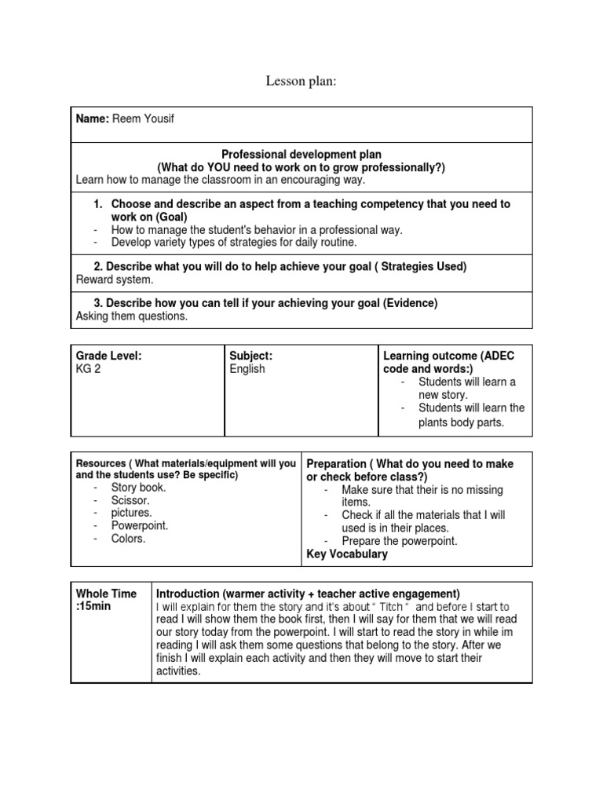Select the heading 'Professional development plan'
pyautogui.click(x=301, y=155)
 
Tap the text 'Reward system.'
pyautogui.click(x=115, y=280)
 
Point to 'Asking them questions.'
pyautogui.click(x=132, y=316)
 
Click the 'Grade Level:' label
pyautogui.click(x=108, y=356)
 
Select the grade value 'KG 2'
pyautogui.click(x=88, y=369)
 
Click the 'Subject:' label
pyautogui.click(x=251, y=356)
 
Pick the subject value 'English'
pyautogui.click(x=247, y=369)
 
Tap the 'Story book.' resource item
pyautogui.click(x=139, y=487)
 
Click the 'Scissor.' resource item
pyautogui.click(x=130, y=500)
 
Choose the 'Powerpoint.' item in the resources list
pyautogui.click(x=140, y=526)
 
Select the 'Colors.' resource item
pyautogui.click(x=128, y=539)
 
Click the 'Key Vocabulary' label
pyautogui.click(x=346, y=554)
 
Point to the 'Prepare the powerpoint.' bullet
pyautogui.click(x=399, y=541)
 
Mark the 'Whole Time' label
pyautogui.click(x=106, y=594)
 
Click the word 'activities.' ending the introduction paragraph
pyautogui.click(x=179, y=671)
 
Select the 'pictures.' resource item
pyautogui.click(x=132, y=513)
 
